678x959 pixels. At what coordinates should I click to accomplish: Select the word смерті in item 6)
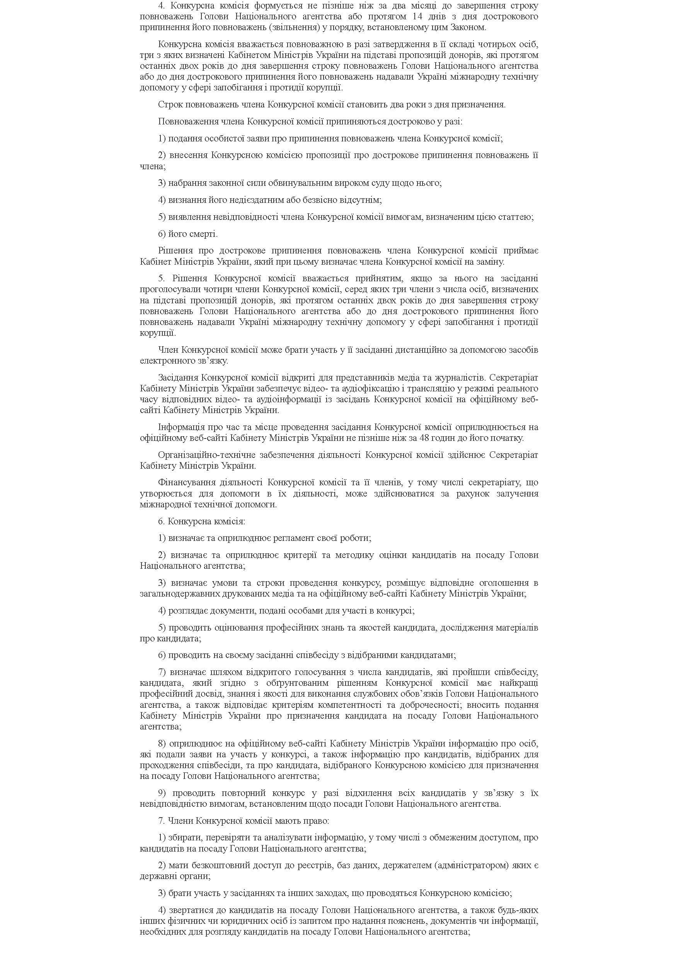203,234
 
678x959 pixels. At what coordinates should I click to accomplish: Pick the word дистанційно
407,349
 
